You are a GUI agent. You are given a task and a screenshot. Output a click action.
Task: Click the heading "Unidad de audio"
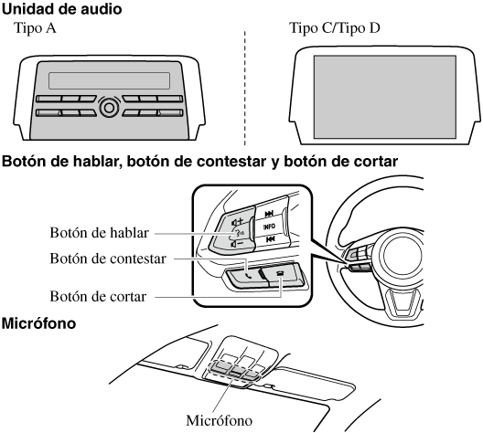(x=61, y=9)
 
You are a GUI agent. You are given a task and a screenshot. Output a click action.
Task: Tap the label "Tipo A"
(x=35, y=28)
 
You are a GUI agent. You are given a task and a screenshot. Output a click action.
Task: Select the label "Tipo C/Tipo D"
(x=335, y=28)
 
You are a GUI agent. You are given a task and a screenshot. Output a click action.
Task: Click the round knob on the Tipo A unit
(x=109, y=107)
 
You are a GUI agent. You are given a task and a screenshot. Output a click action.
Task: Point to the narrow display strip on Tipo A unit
(x=109, y=81)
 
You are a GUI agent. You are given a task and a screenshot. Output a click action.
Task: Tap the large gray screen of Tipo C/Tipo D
(x=385, y=97)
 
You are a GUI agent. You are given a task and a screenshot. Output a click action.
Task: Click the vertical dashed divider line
(x=245, y=88)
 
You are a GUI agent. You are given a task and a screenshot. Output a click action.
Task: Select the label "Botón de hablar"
(x=99, y=233)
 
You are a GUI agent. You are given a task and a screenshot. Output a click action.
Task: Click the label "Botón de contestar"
(x=108, y=259)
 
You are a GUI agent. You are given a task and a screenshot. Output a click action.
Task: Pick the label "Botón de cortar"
(x=98, y=297)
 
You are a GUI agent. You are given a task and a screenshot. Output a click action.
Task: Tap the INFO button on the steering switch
(x=269, y=227)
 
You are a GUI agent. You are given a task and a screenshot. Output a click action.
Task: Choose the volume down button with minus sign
(x=237, y=244)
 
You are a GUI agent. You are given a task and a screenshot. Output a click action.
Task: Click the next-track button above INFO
(x=269, y=214)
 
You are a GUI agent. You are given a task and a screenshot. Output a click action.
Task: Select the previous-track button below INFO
(x=270, y=239)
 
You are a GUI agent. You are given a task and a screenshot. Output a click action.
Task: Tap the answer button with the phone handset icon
(x=245, y=276)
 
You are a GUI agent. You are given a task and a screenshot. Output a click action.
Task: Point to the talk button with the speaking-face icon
(x=238, y=233)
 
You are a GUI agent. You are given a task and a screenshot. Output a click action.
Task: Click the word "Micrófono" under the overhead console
(x=219, y=420)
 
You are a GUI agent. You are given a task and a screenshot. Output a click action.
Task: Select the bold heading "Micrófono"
(x=38, y=323)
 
